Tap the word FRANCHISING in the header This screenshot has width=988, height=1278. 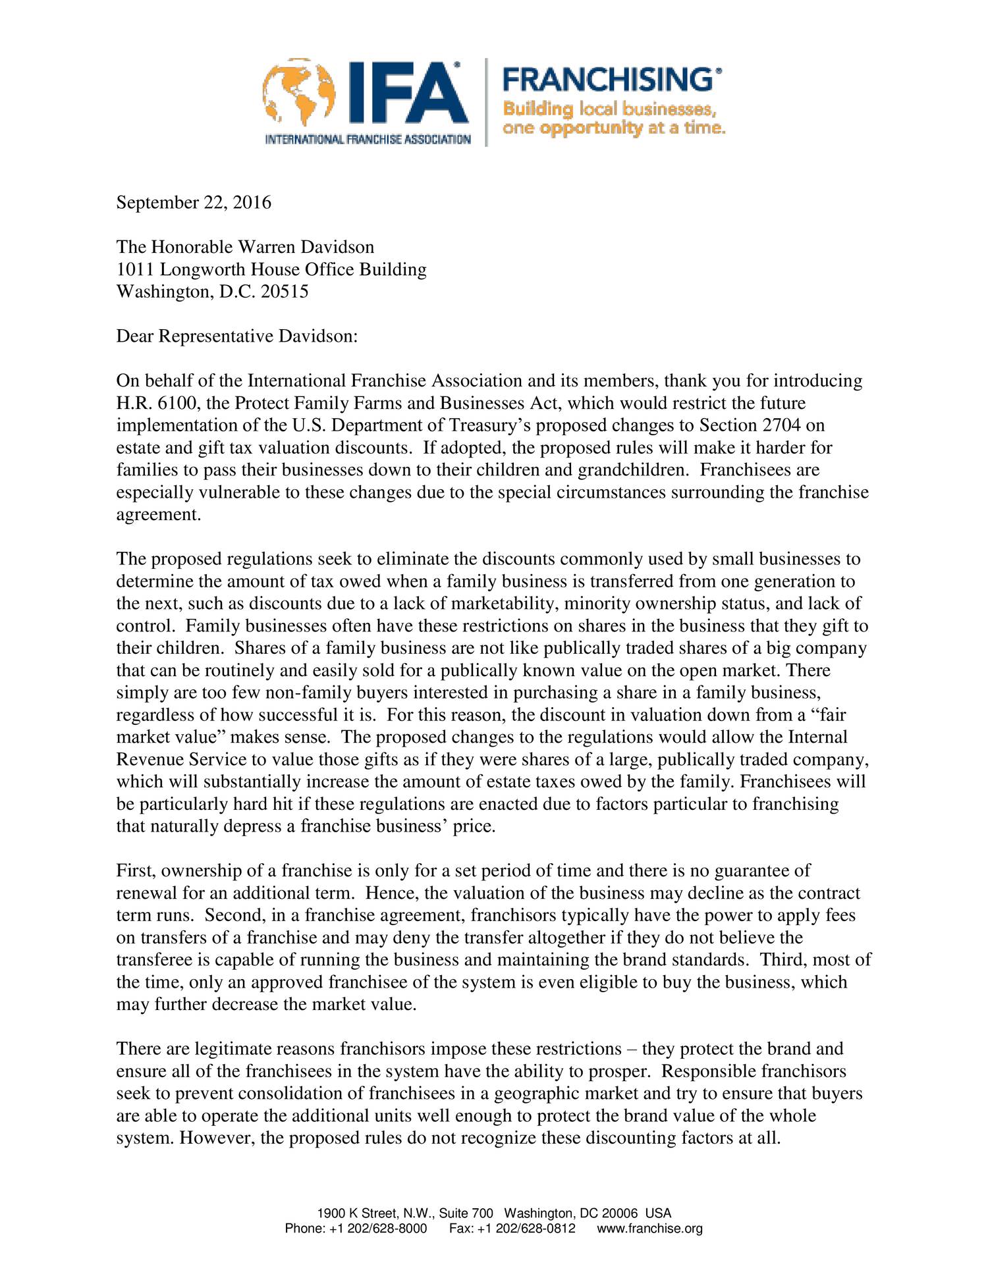[x=607, y=80]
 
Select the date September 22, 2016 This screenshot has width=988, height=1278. [x=194, y=202]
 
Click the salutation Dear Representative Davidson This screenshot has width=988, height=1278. [x=236, y=336]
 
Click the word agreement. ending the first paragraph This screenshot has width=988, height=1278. [x=158, y=515]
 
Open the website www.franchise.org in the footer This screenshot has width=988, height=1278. [x=649, y=1229]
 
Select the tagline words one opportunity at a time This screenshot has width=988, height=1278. [x=613, y=128]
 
